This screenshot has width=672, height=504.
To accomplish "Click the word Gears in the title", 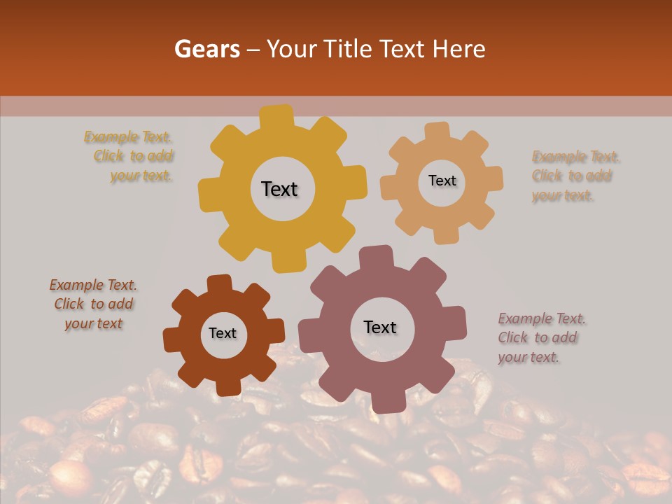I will click(206, 49).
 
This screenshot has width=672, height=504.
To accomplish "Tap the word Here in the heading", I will click(459, 49).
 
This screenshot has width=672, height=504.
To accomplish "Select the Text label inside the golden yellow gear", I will click(279, 189).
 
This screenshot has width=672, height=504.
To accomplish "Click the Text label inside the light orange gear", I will click(442, 181).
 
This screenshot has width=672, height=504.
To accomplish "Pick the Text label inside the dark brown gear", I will click(223, 333).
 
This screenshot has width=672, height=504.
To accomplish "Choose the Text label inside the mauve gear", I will click(380, 327).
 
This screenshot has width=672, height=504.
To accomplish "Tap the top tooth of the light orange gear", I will click(437, 132).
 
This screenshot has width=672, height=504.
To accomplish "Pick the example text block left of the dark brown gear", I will click(94, 304).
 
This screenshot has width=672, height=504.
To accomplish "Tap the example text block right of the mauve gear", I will click(541, 338).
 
